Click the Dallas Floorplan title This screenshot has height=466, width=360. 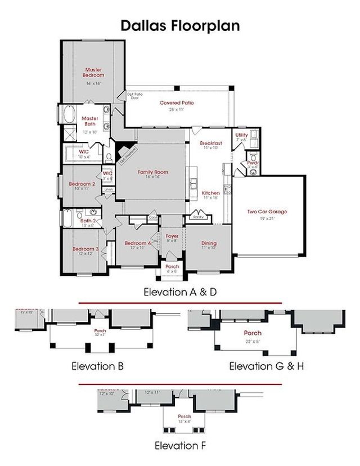180,25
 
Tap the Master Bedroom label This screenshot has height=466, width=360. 93,73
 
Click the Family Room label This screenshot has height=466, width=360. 153,172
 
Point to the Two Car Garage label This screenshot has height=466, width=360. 267,212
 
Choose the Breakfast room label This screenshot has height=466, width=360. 211,144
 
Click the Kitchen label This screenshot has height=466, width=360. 211,193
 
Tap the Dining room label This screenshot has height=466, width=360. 209,244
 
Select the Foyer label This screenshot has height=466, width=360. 172,236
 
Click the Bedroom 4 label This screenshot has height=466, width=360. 138,243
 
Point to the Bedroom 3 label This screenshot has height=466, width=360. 85,249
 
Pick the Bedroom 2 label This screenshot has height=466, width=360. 82,184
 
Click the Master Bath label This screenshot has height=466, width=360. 90,121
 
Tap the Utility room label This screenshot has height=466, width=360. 241,136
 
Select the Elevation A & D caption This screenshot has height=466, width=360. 179,292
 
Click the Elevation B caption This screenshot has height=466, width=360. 97,366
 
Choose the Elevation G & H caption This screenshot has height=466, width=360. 267,366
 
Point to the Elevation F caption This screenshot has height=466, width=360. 180,446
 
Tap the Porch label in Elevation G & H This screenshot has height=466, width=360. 252,333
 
